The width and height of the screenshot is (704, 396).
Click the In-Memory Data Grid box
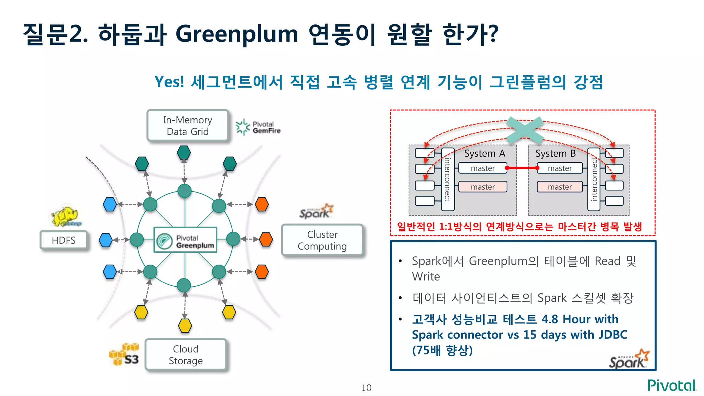188,125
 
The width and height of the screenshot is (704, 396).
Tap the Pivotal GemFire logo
258,127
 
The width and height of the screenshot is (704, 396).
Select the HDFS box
64,240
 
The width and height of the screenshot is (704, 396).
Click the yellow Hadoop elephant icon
66,217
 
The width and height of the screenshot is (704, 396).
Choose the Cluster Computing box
322,240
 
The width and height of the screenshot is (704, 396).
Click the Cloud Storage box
186,355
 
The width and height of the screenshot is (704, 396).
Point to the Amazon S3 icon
124,354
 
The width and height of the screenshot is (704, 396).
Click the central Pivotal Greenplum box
185,240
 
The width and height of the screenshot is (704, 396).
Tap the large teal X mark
525,130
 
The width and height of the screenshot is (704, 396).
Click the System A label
484,153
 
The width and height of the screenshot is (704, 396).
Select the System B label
555,153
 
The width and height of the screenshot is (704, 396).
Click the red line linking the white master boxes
522,168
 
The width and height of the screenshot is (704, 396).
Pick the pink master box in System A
483,187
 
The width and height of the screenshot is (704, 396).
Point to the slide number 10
366,388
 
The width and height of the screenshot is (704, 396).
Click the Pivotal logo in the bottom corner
671,385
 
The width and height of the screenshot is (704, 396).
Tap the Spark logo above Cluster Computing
316,211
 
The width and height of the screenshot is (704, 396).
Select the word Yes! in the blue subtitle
169,82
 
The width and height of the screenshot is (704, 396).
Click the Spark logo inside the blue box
629,359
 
